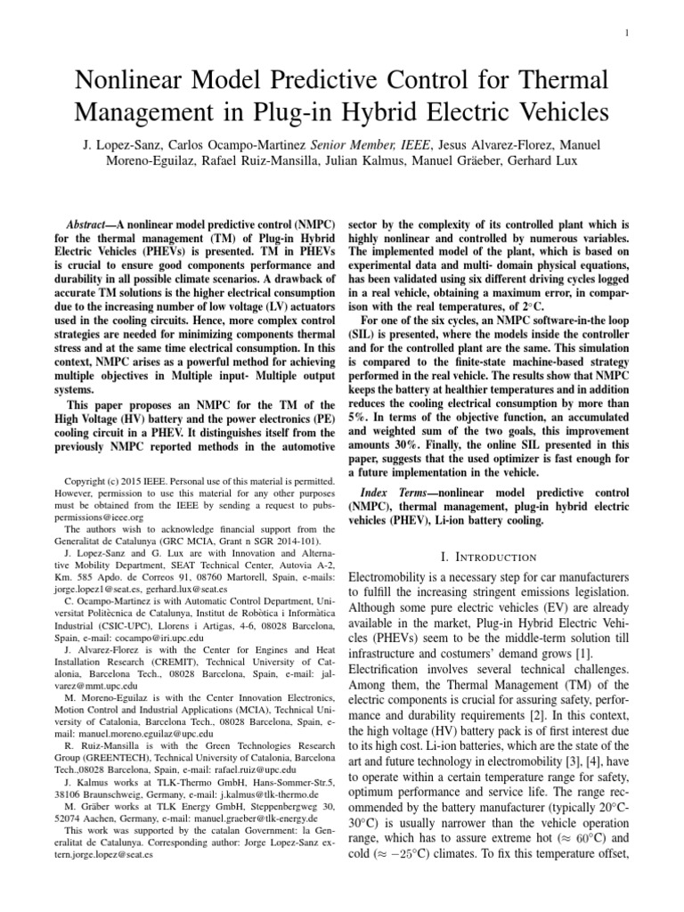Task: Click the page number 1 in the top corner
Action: point(629,35)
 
